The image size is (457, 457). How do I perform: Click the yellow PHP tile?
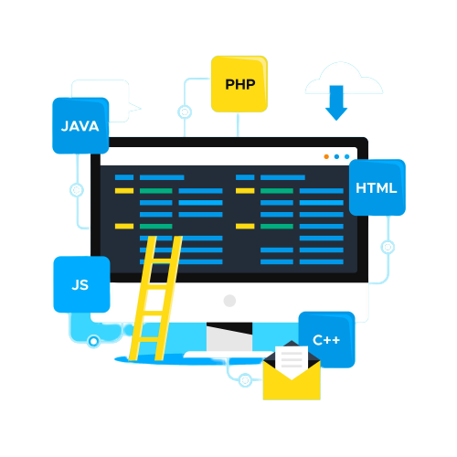click(x=239, y=84)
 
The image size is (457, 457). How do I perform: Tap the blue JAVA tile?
click(x=80, y=125)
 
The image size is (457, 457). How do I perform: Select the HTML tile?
click(x=377, y=187)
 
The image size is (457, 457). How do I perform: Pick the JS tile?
click(x=81, y=284)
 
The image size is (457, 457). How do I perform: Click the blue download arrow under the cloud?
click(x=336, y=102)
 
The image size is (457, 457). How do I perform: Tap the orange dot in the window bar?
click(x=326, y=156)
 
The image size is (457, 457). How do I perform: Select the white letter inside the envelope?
click(x=292, y=359)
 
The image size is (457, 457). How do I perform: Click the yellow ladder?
click(x=156, y=298)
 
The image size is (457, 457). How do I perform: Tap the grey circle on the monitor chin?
click(x=229, y=301)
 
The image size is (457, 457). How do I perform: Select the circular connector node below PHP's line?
click(x=185, y=112)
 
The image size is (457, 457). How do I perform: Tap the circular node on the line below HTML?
click(x=388, y=247)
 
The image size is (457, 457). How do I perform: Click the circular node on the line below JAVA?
click(x=77, y=190)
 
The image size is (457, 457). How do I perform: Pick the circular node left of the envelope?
click(x=245, y=380)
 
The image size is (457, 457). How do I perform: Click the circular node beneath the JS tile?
click(x=93, y=341)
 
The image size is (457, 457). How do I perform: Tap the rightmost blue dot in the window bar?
click(x=347, y=156)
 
